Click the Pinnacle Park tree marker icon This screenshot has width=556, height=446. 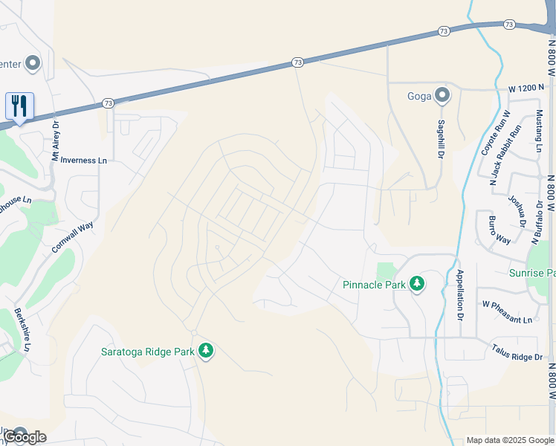pos(417,284)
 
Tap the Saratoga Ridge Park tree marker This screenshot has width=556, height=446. pos(206,351)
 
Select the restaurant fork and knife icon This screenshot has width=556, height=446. pos(19,106)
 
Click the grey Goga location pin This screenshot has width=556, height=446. pos(442,95)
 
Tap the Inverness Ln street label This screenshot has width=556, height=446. pos(84,160)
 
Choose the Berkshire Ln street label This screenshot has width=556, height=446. pos(22,330)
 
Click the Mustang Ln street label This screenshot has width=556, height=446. pos(538,131)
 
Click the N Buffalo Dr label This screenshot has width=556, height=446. pos(536,222)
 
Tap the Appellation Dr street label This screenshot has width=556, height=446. pos(460,295)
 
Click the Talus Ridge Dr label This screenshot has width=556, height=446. pos(517,352)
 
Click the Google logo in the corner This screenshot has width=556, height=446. pos(25,437)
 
